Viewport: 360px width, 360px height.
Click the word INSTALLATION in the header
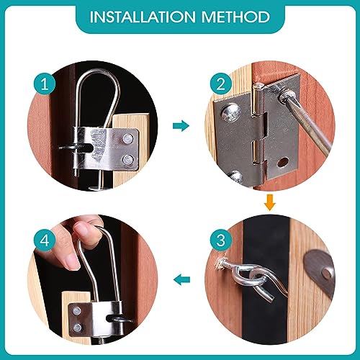(x=143, y=17)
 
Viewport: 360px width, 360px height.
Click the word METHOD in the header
(x=235, y=17)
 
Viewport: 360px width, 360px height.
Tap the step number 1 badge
(x=45, y=84)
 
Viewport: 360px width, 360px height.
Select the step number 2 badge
(x=221, y=84)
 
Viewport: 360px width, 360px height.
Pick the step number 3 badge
(x=221, y=240)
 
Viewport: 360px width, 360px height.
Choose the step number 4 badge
(x=45, y=240)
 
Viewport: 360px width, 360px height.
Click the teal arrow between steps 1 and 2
(x=181, y=125)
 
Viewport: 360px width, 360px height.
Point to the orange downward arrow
(x=269, y=203)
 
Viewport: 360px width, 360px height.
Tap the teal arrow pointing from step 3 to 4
(x=181, y=280)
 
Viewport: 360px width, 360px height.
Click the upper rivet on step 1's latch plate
(x=127, y=139)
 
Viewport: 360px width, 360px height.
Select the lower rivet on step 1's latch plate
(x=127, y=160)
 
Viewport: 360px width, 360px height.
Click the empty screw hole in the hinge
(x=282, y=163)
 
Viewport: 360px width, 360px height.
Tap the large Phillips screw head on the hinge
(x=231, y=112)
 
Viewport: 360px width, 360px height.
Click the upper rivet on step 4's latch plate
(x=77, y=311)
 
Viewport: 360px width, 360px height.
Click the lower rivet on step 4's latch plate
(x=77, y=328)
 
